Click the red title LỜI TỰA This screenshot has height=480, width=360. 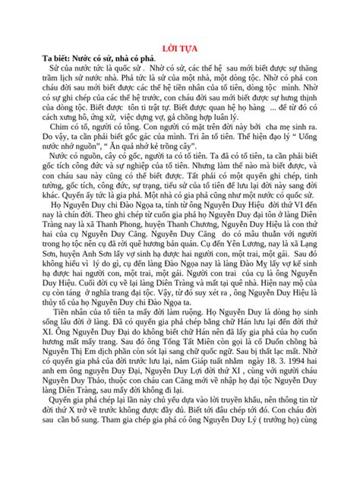coord(180,47)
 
